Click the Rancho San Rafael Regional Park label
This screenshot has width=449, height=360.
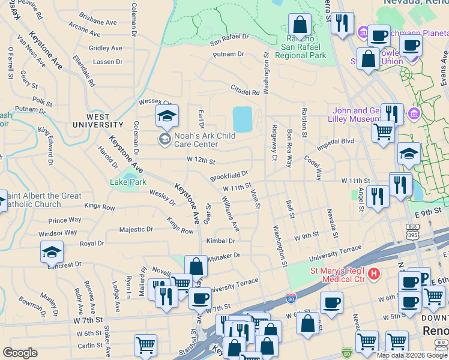point(300,50)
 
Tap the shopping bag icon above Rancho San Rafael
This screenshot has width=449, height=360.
point(300,26)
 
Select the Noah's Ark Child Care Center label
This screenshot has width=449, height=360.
point(204,140)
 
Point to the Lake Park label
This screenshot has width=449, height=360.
point(128,182)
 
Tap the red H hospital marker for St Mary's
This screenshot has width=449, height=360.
point(374,274)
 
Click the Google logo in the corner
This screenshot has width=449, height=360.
point(20,353)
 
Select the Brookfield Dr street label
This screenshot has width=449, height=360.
point(229,176)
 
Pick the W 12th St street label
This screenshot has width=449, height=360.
point(200,161)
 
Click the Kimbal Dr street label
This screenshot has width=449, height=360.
point(220,241)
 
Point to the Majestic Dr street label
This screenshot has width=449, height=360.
point(136,229)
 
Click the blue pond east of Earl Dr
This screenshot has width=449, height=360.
point(242,119)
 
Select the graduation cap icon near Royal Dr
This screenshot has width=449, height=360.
point(52,252)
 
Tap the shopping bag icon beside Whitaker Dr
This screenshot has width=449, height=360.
point(196,267)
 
